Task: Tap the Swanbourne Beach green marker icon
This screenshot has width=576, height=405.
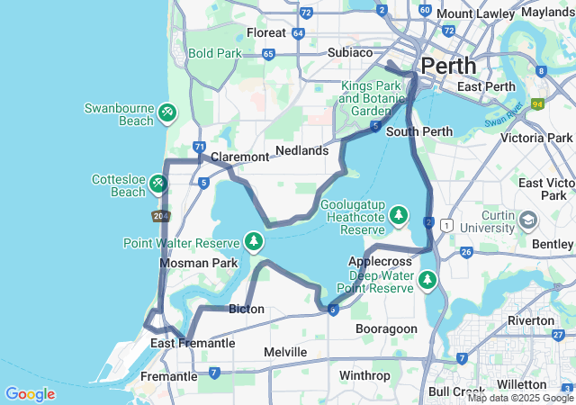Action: tap(167, 112)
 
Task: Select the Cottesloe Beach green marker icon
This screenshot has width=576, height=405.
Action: tap(158, 184)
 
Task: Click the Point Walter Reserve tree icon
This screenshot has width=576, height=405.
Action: tap(254, 242)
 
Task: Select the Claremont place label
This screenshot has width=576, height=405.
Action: tap(239, 157)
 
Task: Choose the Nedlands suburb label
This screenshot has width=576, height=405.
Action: tap(301, 150)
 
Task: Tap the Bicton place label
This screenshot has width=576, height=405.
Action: tap(247, 309)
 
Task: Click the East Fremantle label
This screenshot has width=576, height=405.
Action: tap(193, 343)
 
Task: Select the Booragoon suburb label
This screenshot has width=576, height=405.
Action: tap(386, 328)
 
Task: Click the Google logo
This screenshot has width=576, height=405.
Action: tap(30, 393)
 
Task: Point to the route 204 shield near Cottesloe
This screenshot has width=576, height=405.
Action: tap(161, 216)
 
